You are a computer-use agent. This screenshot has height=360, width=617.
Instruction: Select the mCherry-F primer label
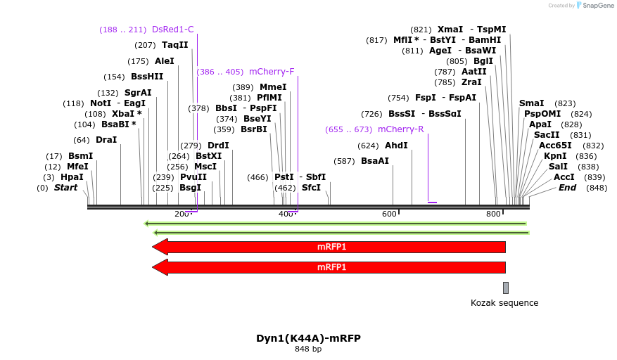point(272,72)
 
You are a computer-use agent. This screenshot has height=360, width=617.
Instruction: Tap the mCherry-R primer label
point(400,129)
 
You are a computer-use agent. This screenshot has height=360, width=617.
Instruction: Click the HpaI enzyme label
point(72,177)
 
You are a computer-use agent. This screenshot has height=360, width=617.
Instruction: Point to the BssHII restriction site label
point(147,77)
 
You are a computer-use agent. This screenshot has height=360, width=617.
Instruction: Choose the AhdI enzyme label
point(396,146)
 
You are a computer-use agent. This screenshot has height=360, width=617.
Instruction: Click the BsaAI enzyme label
point(375,161)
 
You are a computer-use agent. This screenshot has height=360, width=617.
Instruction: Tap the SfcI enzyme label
point(311,188)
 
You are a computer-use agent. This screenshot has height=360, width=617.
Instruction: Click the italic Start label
point(65,188)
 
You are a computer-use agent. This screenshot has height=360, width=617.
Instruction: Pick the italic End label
point(567,188)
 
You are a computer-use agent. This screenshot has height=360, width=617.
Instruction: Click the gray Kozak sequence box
point(505,288)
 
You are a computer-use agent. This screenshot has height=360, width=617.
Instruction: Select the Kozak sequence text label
point(504,303)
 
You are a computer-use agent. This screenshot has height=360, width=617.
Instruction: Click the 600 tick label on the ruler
point(389,214)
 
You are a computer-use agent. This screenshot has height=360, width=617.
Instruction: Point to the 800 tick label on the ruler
point(493,214)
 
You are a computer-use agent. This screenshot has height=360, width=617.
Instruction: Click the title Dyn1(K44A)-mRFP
point(308,337)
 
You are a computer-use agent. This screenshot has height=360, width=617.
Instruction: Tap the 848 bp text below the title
point(308,349)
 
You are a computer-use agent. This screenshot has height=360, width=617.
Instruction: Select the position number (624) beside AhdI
point(368,146)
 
